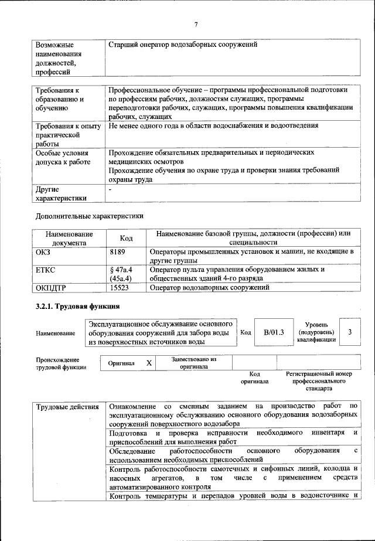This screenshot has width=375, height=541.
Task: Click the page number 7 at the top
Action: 196,24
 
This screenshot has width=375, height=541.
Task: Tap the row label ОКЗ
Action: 45,251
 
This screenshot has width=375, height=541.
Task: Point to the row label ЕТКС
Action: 46,270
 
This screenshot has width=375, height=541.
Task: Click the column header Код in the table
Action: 126,238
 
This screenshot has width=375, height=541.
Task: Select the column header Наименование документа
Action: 69,238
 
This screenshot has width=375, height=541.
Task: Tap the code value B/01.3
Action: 273,332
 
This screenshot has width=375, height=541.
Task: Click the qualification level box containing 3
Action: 350,332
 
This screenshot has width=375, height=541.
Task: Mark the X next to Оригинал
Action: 149,363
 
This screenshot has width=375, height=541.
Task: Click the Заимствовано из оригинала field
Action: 193,363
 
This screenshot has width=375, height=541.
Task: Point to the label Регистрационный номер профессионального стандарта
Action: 318,381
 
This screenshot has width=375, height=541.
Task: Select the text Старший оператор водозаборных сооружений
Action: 183,45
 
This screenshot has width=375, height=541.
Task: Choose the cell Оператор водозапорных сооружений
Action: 209,288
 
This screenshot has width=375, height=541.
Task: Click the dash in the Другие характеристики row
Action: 110,190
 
